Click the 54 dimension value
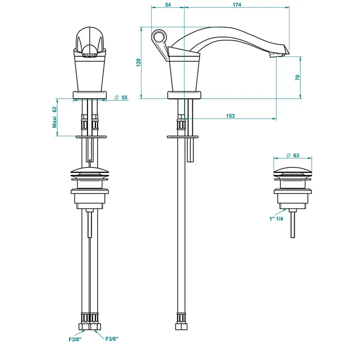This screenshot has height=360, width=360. [x=168, y=5]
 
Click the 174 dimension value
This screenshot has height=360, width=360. [x=237, y=5]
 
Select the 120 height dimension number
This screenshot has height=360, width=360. [x=138, y=63]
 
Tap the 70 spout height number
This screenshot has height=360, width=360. [x=298, y=77]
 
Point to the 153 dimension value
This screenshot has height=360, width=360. [x=230, y=116]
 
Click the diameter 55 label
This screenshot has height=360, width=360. [x=121, y=98]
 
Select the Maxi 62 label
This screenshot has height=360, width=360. [x=55, y=117]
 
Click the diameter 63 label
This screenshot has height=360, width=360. [x=293, y=155]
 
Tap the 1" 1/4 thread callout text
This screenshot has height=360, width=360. [x=276, y=219]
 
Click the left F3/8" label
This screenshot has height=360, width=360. [x=75, y=339]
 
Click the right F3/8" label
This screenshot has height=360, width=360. [x=112, y=338]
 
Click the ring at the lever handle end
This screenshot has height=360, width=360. [x=158, y=37]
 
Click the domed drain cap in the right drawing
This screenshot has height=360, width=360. [x=293, y=172]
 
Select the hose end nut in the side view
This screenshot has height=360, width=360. [x=182, y=327]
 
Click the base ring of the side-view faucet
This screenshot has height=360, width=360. [x=184, y=95]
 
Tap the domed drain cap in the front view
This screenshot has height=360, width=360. [x=90, y=172]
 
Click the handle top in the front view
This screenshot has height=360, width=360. [x=90, y=38]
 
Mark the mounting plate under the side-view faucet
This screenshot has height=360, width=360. [x=183, y=137]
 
